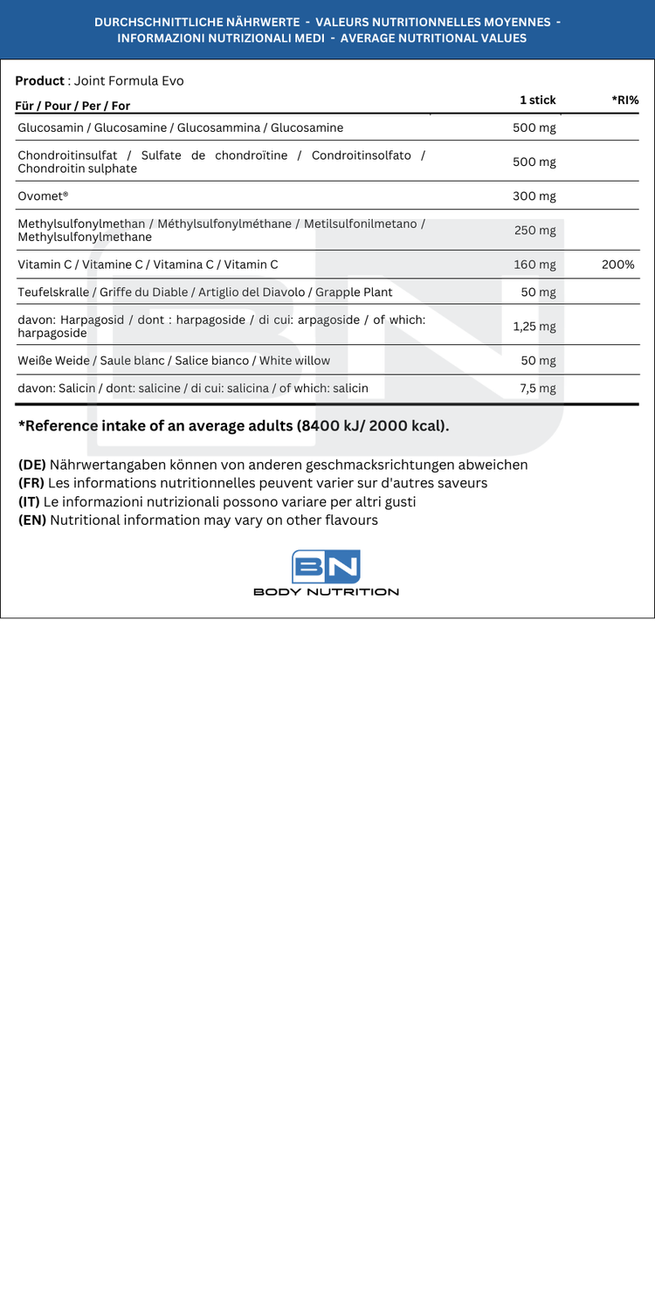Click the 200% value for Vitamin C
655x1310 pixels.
(617, 264)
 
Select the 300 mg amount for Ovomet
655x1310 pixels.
(534, 196)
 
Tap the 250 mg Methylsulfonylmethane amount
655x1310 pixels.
(534, 230)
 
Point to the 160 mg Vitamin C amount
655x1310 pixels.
(534, 264)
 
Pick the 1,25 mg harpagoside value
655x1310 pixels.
(534, 326)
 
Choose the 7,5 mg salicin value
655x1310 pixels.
(537, 388)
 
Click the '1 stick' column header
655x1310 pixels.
(537, 100)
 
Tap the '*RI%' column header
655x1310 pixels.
(625, 100)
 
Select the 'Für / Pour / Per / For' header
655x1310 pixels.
(72, 106)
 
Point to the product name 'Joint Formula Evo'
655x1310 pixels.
(128, 80)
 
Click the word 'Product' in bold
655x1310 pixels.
(39, 80)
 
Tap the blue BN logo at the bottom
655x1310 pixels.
(326, 567)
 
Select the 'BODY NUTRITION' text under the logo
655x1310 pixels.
(326, 592)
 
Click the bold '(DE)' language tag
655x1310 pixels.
(31, 465)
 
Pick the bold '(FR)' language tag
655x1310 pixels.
(31, 483)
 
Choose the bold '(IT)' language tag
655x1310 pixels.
(30, 501)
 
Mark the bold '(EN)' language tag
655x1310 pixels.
(32, 520)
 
